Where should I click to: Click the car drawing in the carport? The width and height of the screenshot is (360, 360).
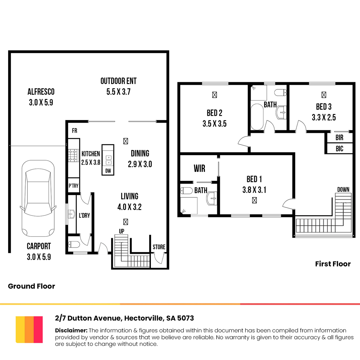(x=38, y=198)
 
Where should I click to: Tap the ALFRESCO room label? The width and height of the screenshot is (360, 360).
(x=41, y=92)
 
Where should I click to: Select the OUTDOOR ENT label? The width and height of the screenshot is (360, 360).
(x=118, y=81)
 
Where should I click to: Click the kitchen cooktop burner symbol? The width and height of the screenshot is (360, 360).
(x=73, y=155)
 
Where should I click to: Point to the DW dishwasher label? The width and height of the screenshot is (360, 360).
(x=108, y=171)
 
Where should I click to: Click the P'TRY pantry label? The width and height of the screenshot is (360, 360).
(x=73, y=186)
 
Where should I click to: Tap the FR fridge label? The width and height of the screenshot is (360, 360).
(x=74, y=130)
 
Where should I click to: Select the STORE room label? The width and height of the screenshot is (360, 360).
(x=159, y=247)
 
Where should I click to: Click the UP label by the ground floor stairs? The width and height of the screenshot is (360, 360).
(x=121, y=231)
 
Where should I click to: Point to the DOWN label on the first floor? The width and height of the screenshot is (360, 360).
(x=343, y=190)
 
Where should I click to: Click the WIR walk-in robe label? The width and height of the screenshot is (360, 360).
(x=199, y=168)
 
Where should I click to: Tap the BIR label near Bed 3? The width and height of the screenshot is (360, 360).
(x=339, y=137)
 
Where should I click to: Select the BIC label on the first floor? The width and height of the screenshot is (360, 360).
(x=339, y=149)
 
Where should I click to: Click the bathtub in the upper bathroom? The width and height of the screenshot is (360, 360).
(x=257, y=117)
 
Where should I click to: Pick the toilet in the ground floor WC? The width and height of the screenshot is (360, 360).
(x=74, y=244)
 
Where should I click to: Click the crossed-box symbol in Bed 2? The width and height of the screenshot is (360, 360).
(x=214, y=95)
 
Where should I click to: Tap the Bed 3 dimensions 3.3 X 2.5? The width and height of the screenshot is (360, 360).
(x=324, y=118)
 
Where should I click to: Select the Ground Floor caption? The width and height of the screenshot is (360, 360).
(x=31, y=286)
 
